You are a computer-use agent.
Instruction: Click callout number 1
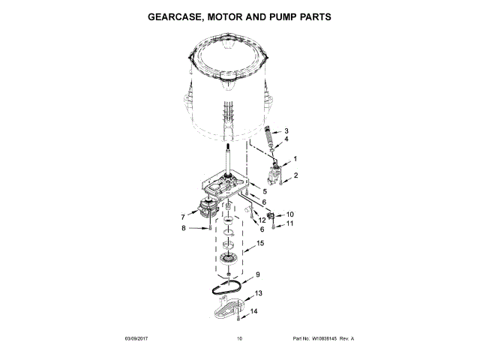pyautogui.click(x=295, y=159)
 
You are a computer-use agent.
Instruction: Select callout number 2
pyautogui.click(x=295, y=175)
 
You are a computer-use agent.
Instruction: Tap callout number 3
pyautogui.click(x=286, y=131)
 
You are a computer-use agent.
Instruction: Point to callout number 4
pyautogui.click(x=286, y=139)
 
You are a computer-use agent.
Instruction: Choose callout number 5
pyautogui.click(x=263, y=192)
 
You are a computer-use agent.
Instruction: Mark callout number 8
pyautogui.click(x=182, y=229)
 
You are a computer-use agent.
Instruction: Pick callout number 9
pyautogui.click(x=257, y=274)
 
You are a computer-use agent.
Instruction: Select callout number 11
pyautogui.click(x=289, y=223)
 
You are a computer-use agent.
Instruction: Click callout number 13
pyautogui.click(x=259, y=293)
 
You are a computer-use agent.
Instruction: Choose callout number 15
pyautogui.click(x=260, y=244)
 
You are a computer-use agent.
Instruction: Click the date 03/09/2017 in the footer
pyautogui.click(x=138, y=339)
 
